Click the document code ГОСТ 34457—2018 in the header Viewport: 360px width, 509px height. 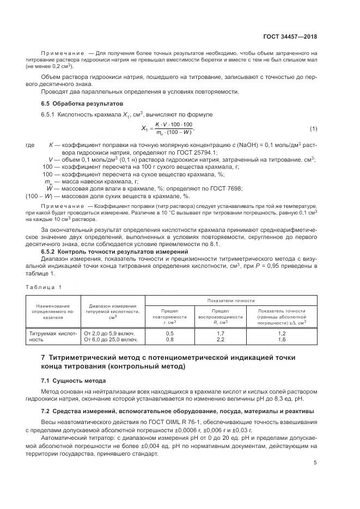[x=291, y=36]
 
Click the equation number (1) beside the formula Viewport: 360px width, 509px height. [x=313, y=128]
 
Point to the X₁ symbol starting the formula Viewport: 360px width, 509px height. [x=145, y=129]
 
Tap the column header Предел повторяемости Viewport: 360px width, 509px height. [x=170, y=316]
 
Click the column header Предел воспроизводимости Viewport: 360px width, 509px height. [x=221, y=316]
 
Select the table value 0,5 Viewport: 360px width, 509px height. [x=170, y=333]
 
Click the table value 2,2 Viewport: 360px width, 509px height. [x=221, y=339]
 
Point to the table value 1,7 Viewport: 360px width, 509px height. [x=221, y=333]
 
